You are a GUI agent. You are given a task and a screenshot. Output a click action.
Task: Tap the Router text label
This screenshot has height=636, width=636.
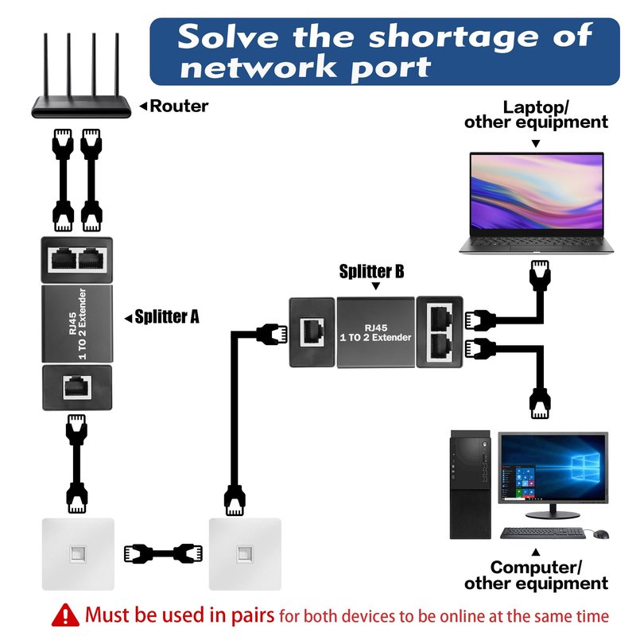[179, 106]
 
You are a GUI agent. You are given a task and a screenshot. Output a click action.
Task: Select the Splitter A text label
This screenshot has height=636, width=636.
[166, 316]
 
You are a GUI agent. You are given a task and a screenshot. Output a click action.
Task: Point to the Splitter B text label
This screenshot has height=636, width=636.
[372, 272]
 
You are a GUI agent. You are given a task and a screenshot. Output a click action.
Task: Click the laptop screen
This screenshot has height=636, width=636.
[536, 195]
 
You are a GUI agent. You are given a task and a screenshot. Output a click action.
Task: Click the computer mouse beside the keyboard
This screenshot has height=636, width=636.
[600, 533]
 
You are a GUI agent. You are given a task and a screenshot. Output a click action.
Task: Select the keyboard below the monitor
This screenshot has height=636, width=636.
[543, 533]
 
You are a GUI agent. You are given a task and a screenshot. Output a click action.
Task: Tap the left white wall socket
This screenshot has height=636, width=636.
[78, 553]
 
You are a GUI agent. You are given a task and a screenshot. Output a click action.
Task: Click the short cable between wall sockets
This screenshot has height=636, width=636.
[159, 552]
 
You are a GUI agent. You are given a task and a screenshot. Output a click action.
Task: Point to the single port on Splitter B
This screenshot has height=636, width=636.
[312, 332]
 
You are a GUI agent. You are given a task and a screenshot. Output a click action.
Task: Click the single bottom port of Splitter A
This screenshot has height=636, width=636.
[76, 387]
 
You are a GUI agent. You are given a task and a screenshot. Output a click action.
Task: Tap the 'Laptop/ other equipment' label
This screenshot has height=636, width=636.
[536, 114]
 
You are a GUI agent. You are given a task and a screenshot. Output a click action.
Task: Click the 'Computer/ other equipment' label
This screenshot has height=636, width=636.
[536, 576]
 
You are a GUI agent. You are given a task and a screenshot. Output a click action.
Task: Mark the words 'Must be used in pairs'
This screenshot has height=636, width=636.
[180, 615]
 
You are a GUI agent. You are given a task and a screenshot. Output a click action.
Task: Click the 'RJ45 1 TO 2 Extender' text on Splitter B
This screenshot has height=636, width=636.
[377, 332]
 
